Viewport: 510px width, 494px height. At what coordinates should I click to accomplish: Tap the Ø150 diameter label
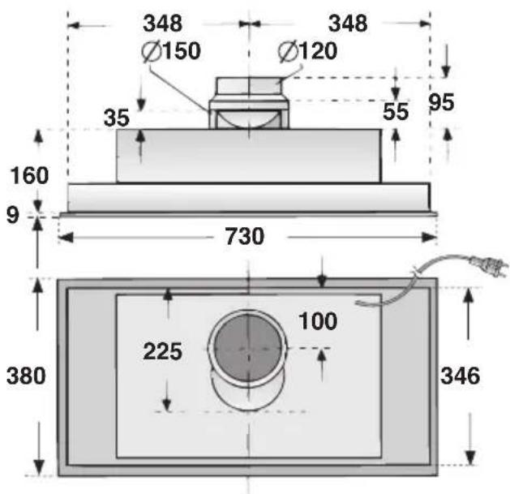[x=170, y=51]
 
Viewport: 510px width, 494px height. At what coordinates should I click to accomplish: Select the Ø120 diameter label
[x=307, y=51]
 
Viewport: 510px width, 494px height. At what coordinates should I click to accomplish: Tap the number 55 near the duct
[x=396, y=112]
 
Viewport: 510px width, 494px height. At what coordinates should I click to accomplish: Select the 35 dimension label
[x=118, y=118]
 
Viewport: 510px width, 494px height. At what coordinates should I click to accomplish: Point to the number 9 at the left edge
[x=12, y=215]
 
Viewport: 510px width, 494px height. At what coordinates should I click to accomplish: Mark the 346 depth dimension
[x=461, y=376]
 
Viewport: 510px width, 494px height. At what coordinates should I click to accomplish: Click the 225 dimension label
[x=162, y=352]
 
